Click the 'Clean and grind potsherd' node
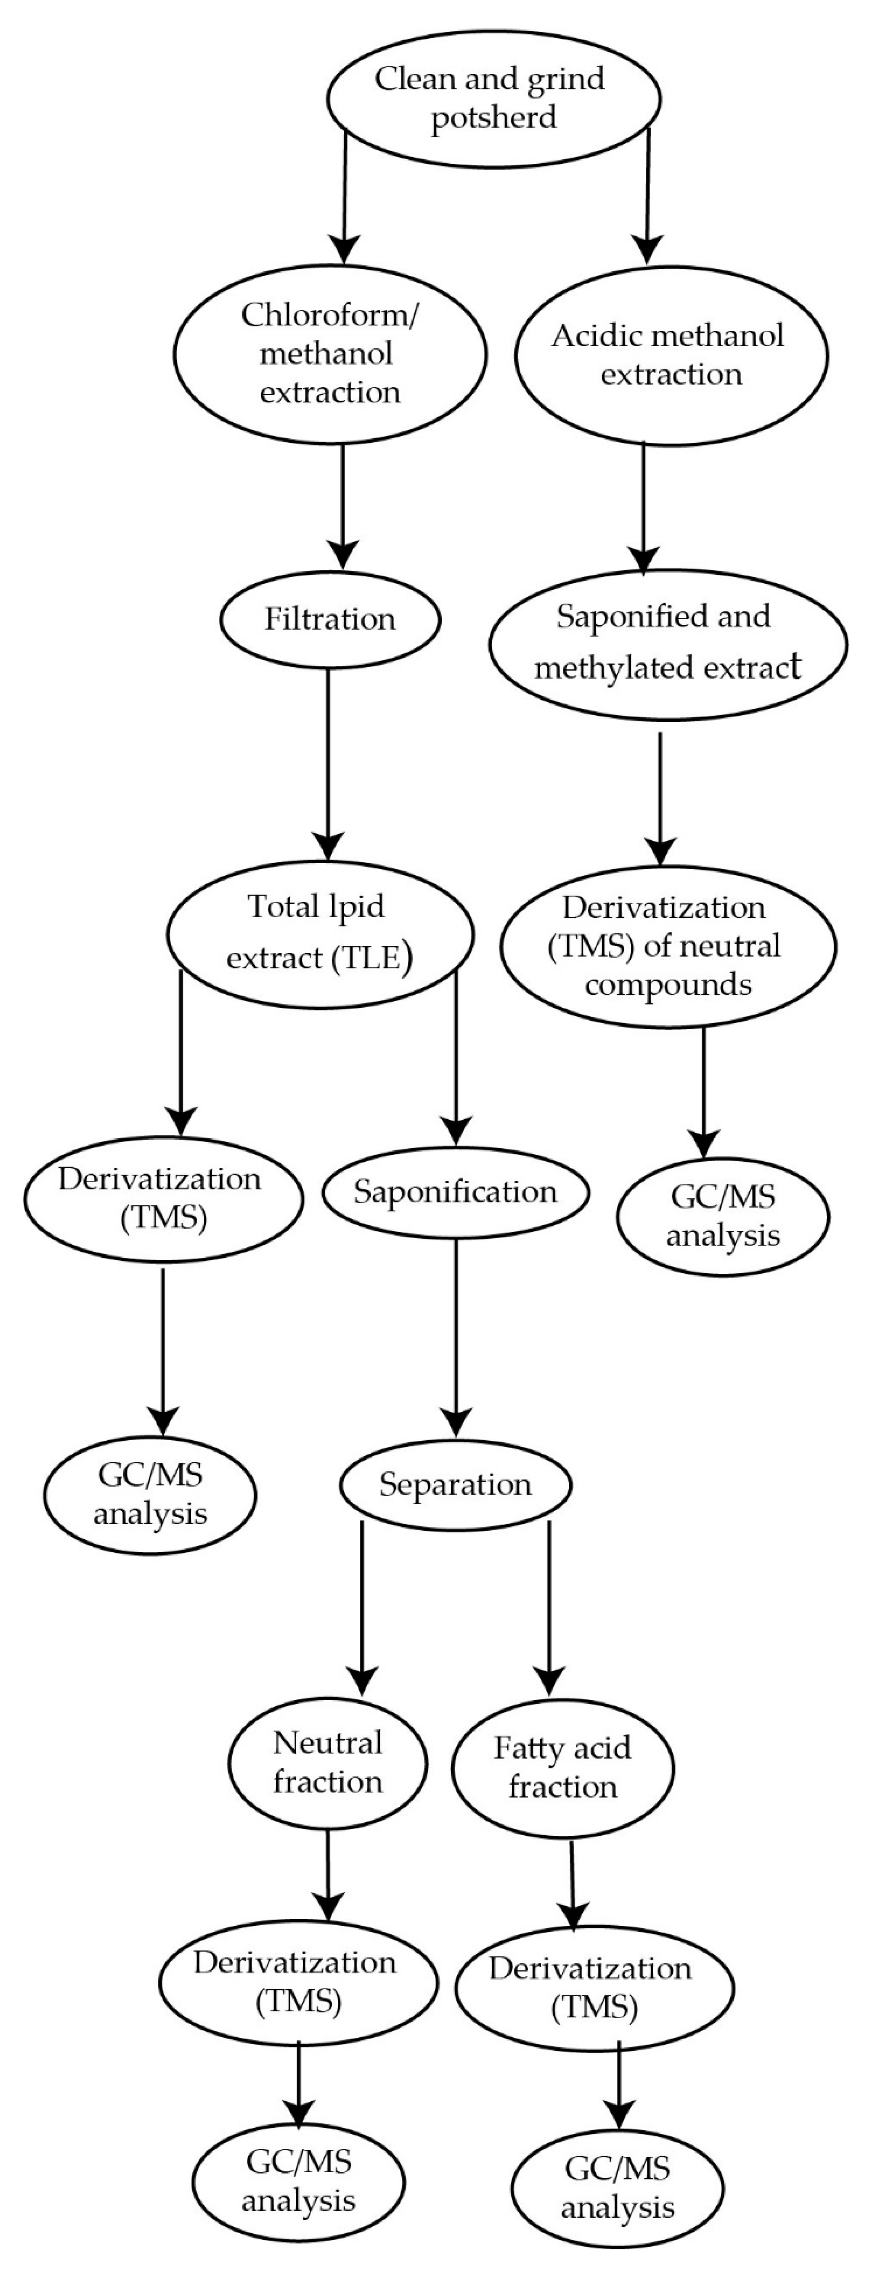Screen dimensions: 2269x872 493,99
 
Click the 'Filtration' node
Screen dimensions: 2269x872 330,619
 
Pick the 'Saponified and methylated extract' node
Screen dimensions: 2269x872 668,643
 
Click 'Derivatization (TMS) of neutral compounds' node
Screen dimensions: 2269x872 668,947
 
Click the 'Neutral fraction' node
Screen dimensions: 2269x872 327,1761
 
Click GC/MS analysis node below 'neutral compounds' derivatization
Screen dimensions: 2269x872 722,1216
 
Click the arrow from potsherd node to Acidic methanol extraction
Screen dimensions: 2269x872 649,194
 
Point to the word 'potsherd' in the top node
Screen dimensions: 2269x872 493,117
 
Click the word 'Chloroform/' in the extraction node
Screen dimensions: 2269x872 330,315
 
